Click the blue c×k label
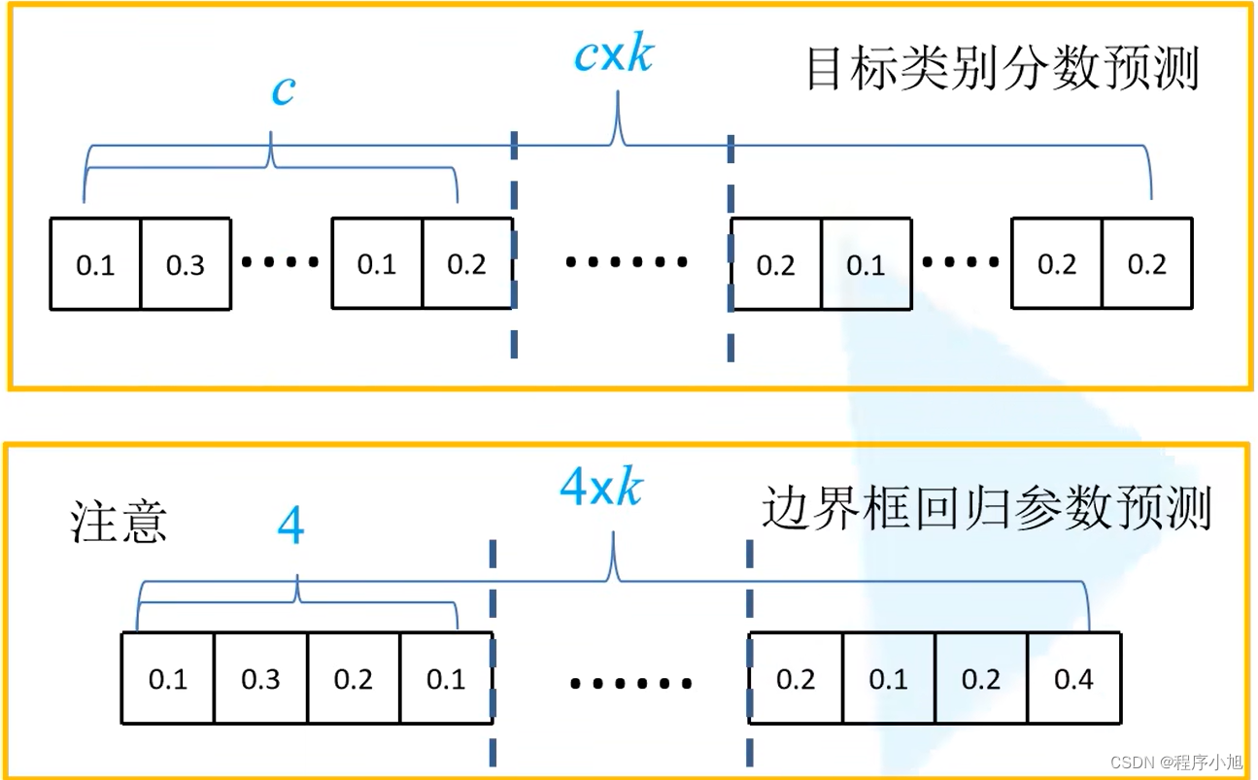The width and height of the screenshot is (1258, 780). coord(614,56)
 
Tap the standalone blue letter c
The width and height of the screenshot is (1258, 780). coord(283,91)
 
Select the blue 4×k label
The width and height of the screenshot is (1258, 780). coord(601,487)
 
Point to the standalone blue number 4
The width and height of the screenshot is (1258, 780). coord(290,528)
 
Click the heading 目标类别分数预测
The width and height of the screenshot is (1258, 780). coord(1003,71)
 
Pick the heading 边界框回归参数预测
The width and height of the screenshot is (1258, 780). coord(986,508)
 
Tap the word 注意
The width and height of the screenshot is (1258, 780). coord(119,521)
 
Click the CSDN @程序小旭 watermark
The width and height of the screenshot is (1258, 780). coord(1176,762)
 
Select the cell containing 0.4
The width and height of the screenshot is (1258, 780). coord(1073,679)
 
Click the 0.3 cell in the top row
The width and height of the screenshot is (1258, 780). coord(186,264)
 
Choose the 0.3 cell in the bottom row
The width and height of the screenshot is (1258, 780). coord(260,679)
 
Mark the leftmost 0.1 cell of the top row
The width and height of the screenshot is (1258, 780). coord(95,264)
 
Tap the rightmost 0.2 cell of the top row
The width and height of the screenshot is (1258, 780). coord(1147,264)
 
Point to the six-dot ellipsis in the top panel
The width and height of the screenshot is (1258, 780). coord(627,262)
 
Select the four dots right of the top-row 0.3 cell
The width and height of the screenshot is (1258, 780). coord(280,262)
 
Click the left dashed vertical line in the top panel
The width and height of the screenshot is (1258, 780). coord(514,243)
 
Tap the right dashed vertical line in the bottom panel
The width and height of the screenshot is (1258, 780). coord(749,651)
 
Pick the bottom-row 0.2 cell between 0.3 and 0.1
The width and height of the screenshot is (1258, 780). coord(353,679)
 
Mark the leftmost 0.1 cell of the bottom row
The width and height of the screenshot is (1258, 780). coord(167,679)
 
